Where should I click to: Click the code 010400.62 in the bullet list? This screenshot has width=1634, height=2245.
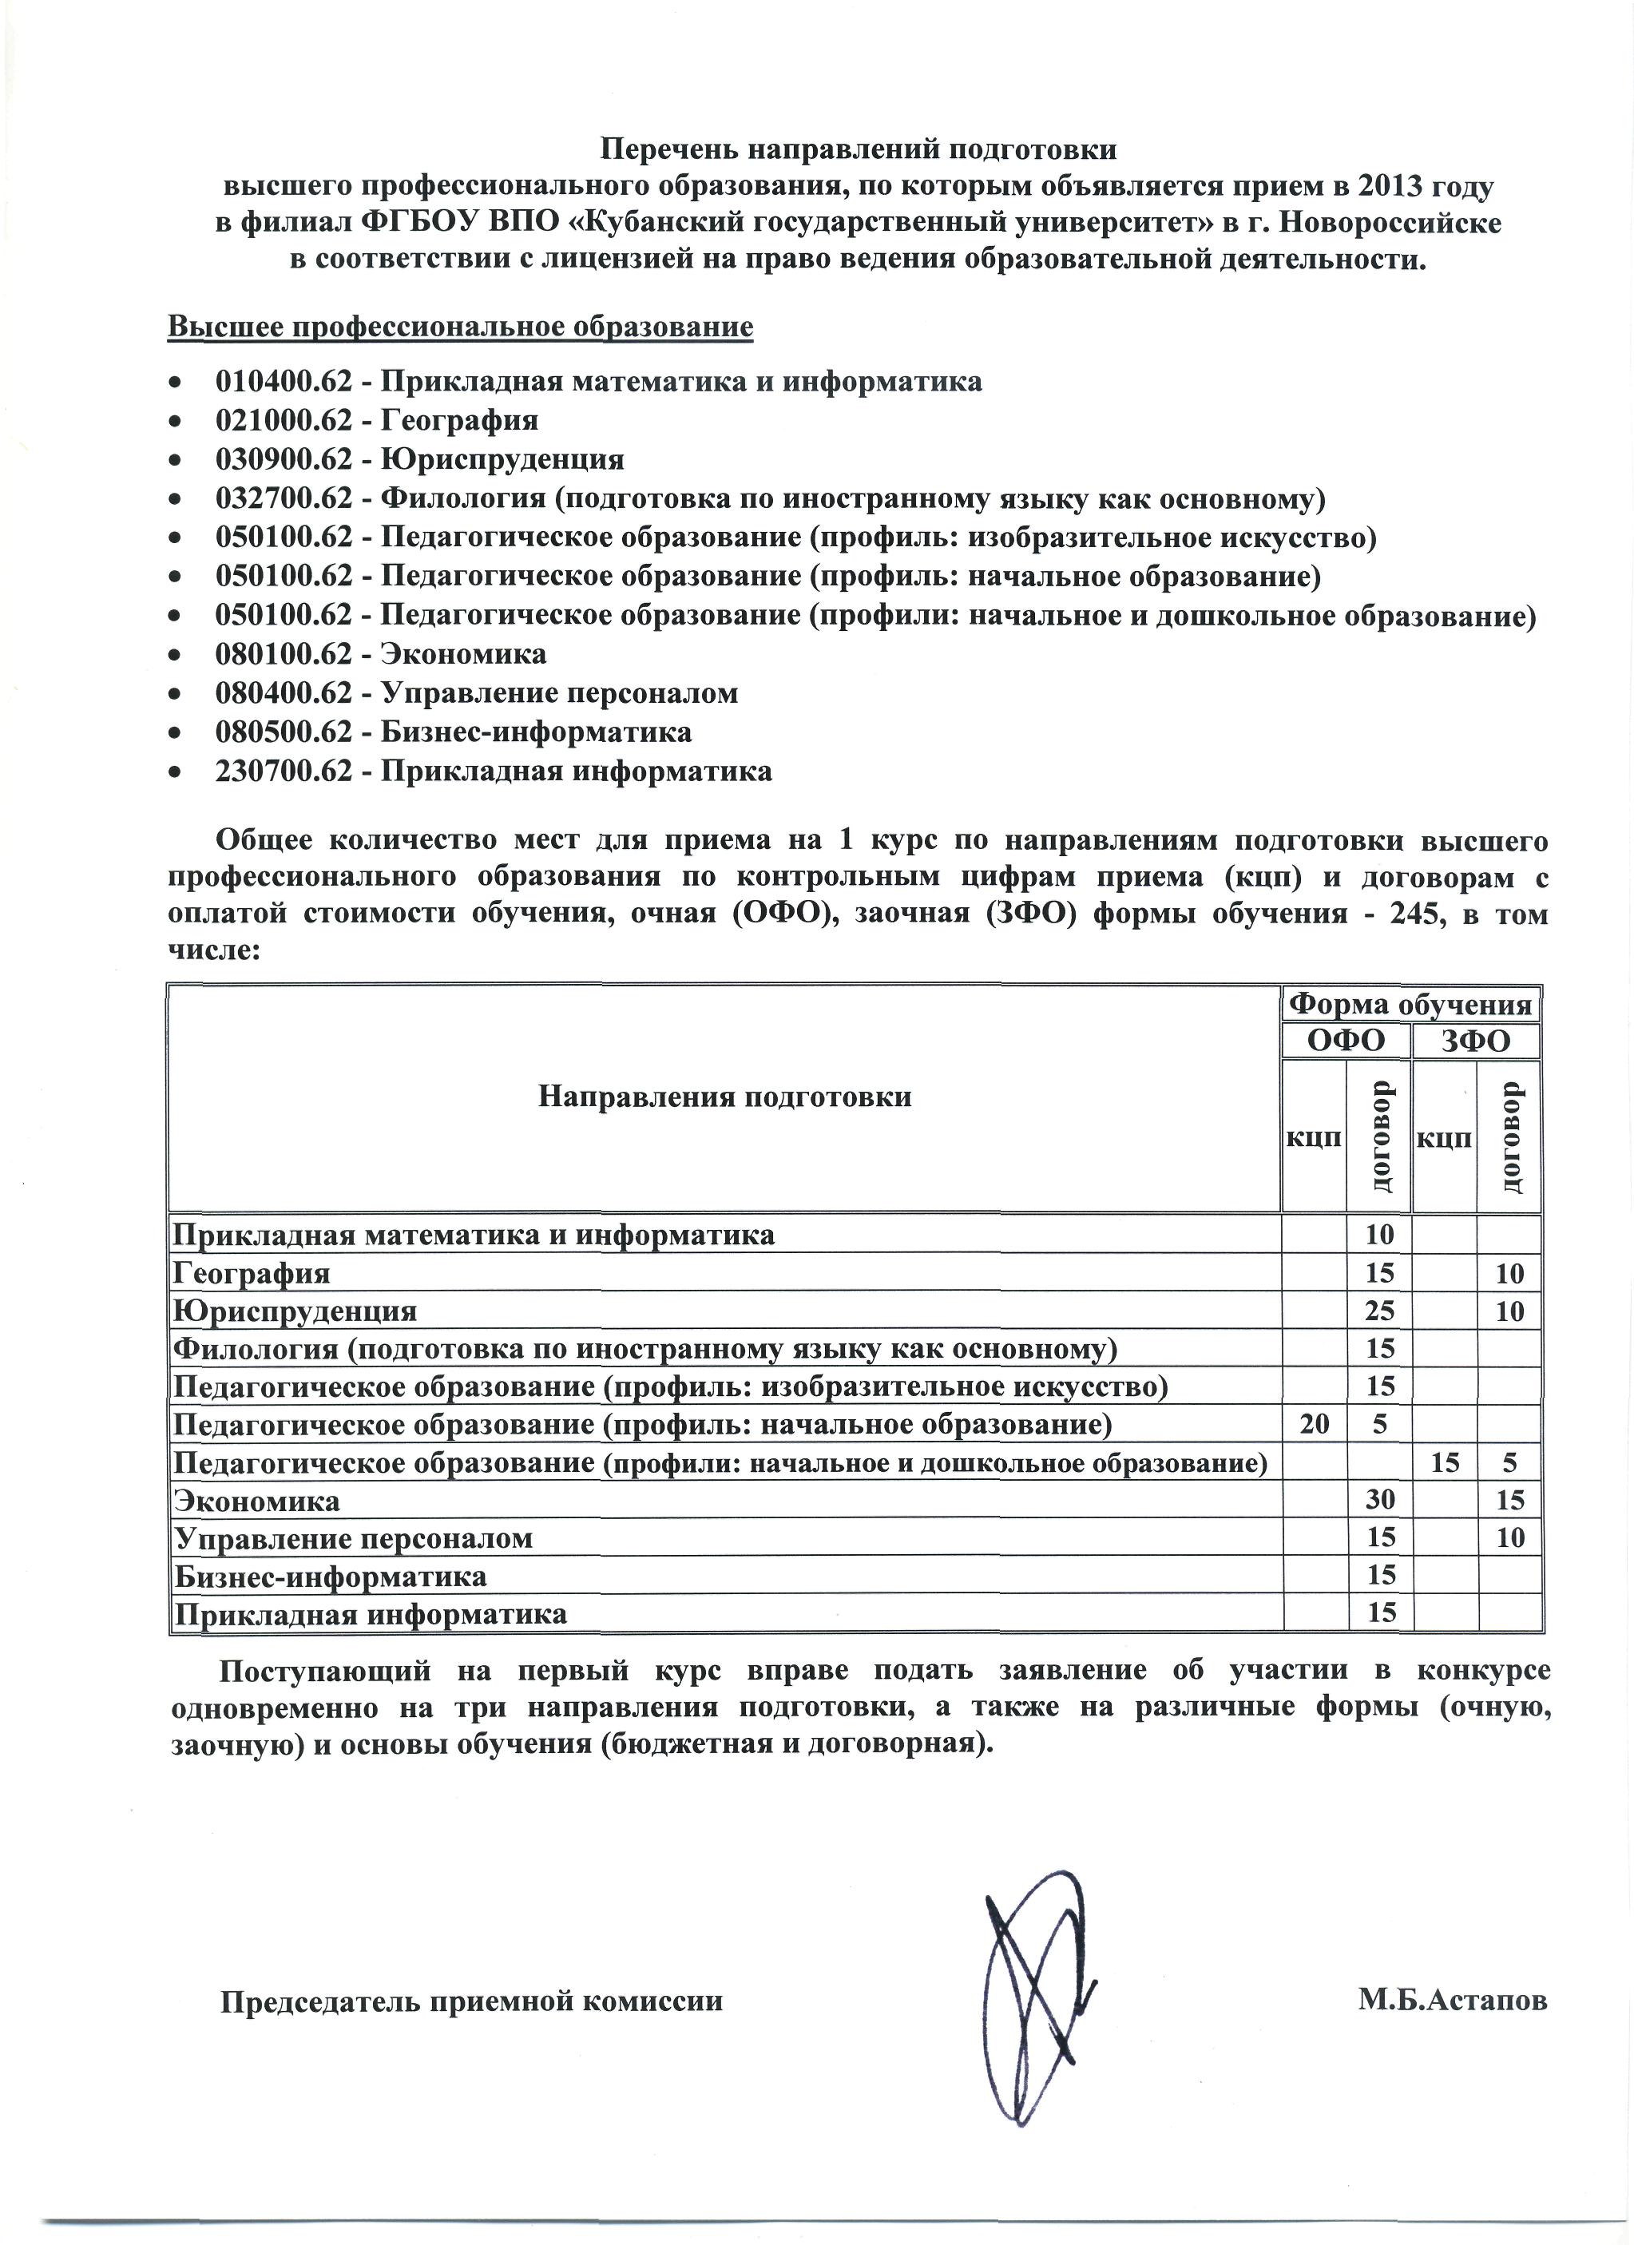click(x=283, y=381)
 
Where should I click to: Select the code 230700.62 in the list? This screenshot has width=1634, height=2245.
click(x=283, y=771)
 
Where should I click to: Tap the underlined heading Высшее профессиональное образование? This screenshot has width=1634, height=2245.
click(x=460, y=327)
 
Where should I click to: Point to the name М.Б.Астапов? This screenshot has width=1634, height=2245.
click(x=1452, y=2001)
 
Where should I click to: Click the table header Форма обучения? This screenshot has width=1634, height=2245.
click(x=1411, y=1005)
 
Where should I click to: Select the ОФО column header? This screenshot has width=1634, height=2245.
click(x=1346, y=1041)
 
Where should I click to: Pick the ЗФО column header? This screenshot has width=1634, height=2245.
click(x=1477, y=1041)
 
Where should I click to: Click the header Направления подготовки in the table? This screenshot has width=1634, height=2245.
click(x=724, y=1097)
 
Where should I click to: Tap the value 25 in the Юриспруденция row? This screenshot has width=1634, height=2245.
click(x=1380, y=1311)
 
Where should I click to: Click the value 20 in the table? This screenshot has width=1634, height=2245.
click(x=1315, y=1425)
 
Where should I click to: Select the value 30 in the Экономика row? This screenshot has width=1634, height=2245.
click(x=1380, y=1500)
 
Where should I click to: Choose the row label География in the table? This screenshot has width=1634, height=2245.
click(x=252, y=1273)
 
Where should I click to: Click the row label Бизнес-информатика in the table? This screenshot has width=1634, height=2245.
click(x=331, y=1576)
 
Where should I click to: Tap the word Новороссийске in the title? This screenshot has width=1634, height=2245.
click(x=1390, y=223)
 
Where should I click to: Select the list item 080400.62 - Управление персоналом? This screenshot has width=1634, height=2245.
click(x=477, y=693)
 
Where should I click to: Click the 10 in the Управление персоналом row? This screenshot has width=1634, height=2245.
click(x=1509, y=1538)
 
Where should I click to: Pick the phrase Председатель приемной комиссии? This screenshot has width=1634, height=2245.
click(x=471, y=2001)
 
